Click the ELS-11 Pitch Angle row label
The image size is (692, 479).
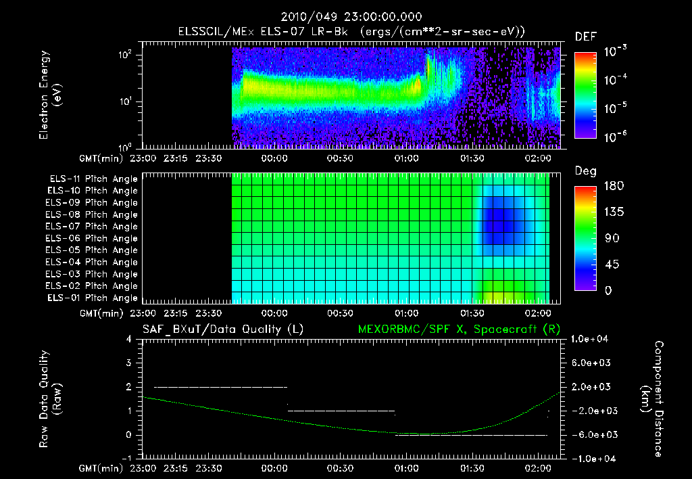point(93,179)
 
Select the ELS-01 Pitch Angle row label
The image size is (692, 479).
point(93,298)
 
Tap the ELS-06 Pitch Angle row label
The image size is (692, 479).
point(93,238)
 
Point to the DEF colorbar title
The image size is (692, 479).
point(585,37)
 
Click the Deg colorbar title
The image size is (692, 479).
point(585,171)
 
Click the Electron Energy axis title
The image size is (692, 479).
point(50,95)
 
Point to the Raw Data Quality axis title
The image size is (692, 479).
point(50,398)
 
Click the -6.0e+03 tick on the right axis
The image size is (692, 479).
point(591,434)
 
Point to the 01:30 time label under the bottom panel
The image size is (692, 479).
point(472,468)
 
